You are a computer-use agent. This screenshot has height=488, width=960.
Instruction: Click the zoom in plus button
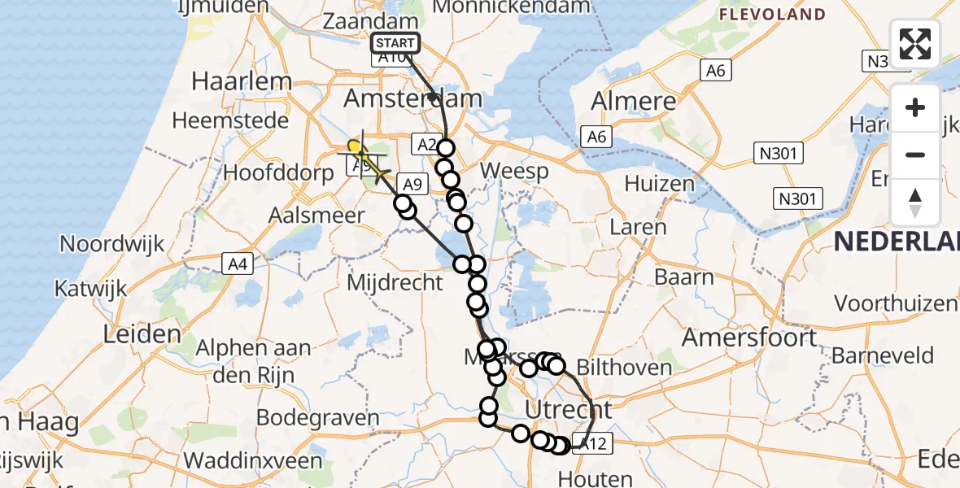pyautogui.click(x=915, y=107)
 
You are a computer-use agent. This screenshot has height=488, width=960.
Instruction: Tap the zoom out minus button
pyautogui.click(x=915, y=155)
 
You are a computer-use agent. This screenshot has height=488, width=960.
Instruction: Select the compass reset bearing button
pyautogui.click(x=915, y=202)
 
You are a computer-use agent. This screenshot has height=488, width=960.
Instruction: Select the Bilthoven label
pyautogui.click(x=626, y=367)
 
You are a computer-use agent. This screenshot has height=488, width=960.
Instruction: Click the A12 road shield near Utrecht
pyautogui.click(x=590, y=443)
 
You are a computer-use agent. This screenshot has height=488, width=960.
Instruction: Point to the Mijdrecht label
pyautogui.click(x=395, y=283)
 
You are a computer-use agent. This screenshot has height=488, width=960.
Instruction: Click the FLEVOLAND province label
pyautogui.click(x=773, y=15)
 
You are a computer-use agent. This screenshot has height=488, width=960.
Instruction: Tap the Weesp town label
pyautogui.click(x=514, y=172)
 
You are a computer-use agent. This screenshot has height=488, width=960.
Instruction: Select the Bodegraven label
pyautogui.click(x=318, y=418)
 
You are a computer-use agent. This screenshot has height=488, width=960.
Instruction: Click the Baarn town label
pyautogui.click(x=686, y=277)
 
